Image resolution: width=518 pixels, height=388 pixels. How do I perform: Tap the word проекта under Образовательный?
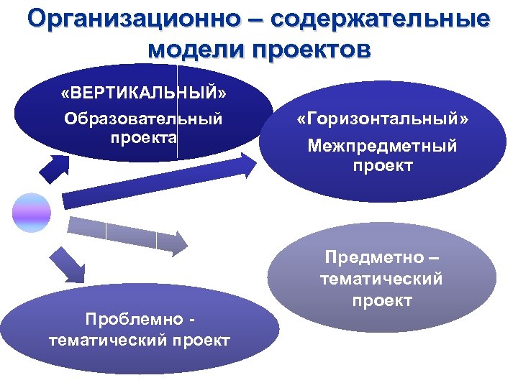143,136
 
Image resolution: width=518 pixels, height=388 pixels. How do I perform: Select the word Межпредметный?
382,147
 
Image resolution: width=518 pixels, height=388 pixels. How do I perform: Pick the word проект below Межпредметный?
382,166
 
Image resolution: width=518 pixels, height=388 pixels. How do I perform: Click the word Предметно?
382,257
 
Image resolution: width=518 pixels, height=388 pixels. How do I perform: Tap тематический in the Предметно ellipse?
382,278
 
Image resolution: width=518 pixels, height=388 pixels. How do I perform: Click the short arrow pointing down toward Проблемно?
66,264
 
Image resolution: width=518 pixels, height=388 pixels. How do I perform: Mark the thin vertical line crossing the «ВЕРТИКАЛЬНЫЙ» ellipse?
178,108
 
